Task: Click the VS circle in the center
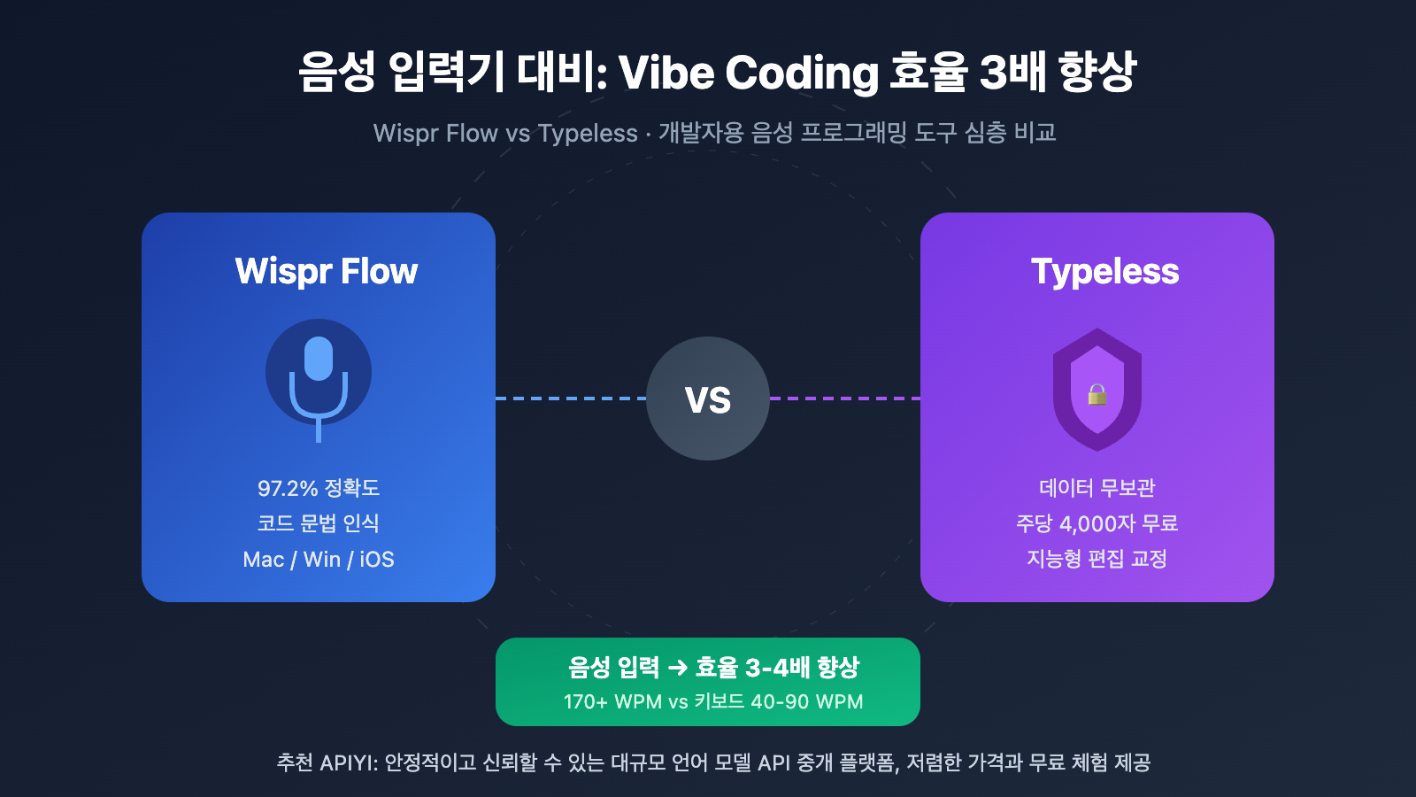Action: (708, 398)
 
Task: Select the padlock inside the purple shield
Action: (1097, 394)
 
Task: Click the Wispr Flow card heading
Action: (327, 271)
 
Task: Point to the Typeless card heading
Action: (1104, 271)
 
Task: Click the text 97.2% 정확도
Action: (319, 488)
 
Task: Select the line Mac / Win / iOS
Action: (319, 560)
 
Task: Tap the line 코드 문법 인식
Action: (319, 523)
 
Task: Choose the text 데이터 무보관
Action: (1097, 488)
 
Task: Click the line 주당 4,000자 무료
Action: (1097, 523)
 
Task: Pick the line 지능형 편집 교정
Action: (1097, 559)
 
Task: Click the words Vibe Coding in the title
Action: (748, 73)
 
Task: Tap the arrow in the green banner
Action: (678, 668)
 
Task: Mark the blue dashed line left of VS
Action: (571, 398)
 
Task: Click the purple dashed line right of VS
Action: (845, 398)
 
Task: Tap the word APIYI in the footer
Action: (348, 762)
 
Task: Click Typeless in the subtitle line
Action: (588, 134)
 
